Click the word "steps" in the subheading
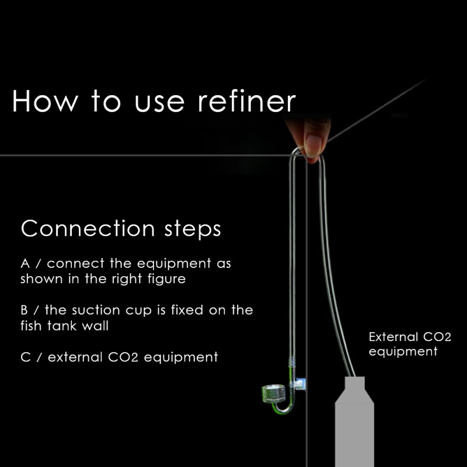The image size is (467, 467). tap(190, 229)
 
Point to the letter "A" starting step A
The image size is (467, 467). tap(25, 264)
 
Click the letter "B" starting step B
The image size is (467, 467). tap(25, 309)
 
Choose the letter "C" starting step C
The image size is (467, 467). tap(25, 356)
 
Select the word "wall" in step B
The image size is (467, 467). tap(95, 325)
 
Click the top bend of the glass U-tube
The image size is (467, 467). tap(306, 155)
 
